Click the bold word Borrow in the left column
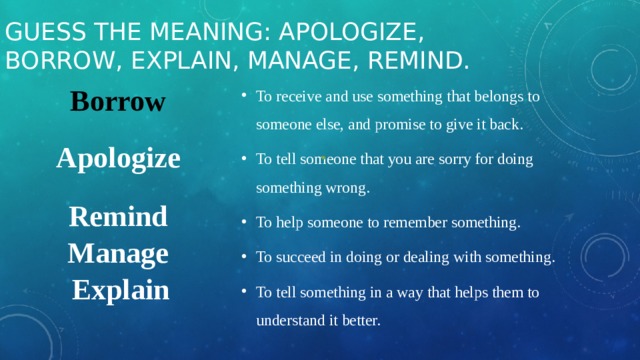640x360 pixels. (x=118, y=103)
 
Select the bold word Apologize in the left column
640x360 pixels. (x=118, y=159)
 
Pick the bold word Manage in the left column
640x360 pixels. (x=118, y=254)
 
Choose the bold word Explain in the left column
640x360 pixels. (x=121, y=291)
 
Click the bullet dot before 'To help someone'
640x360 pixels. (x=245, y=223)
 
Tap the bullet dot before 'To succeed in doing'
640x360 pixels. (x=245, y=258)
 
